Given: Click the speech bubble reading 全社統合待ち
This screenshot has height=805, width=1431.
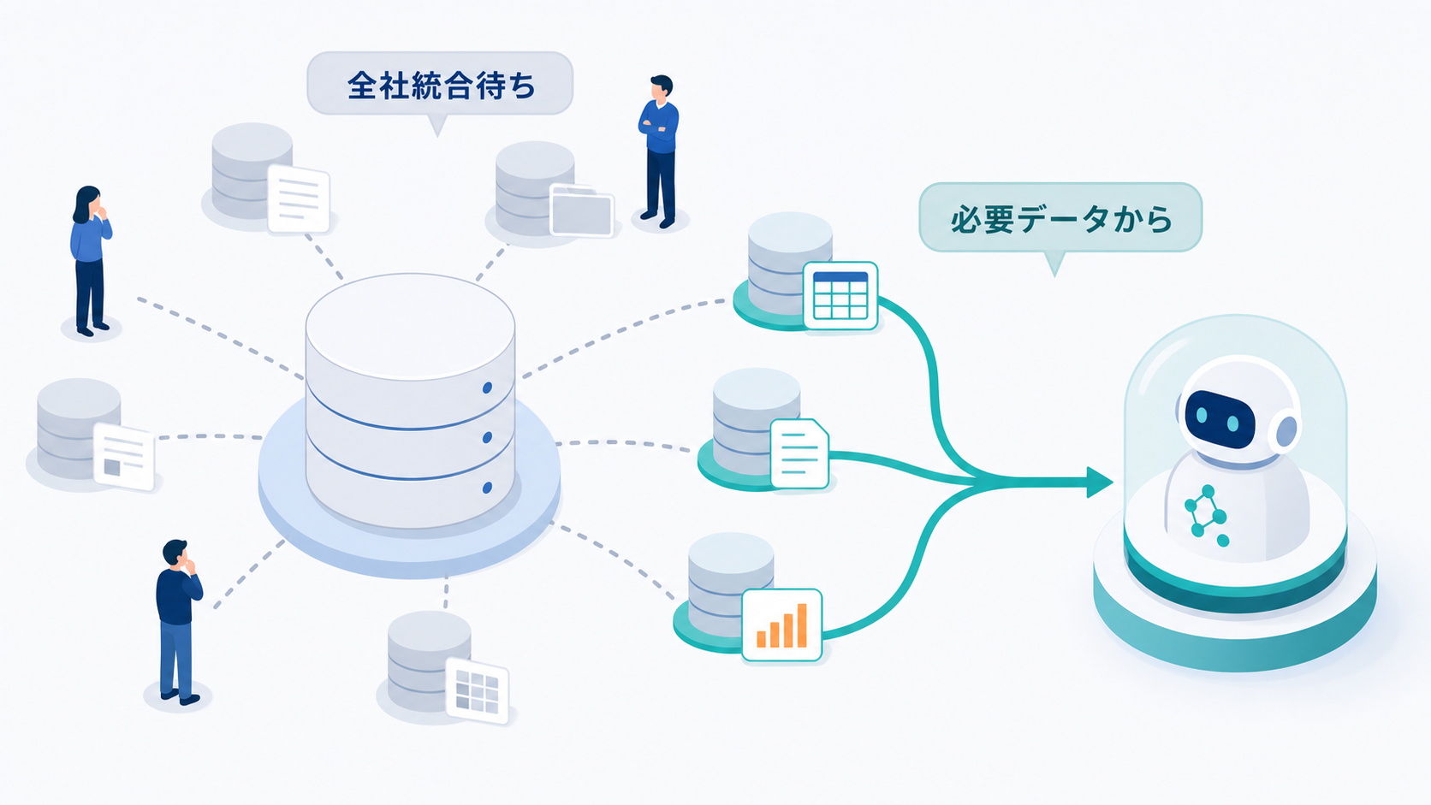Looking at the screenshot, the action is click(x=440, y=85).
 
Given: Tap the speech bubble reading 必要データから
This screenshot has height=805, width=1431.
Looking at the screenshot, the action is click(x=1060, y=218).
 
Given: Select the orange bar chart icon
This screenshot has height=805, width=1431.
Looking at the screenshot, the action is click(x=782, y=625).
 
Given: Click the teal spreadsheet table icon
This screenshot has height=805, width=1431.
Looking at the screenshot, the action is click(x=840, y=296).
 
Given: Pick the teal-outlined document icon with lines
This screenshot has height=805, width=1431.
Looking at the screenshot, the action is click(x=800, y=454).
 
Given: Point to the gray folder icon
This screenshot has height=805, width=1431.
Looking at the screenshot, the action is click(x=581, y=210).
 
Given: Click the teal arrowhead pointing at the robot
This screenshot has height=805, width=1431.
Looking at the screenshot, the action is click(x=1100, y=482).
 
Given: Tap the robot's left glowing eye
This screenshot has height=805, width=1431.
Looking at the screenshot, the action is click(x=1201, y=415).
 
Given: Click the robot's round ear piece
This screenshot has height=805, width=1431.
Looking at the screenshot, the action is click(x=1285, y=431).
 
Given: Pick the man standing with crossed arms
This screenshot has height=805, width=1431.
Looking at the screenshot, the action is click(x=659, y=151).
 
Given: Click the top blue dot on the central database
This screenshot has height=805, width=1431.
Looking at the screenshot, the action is click(x=488, y=388).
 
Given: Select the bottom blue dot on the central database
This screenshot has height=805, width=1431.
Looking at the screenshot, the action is click(x=488, y=488).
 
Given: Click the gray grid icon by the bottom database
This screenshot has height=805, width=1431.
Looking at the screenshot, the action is click(x=478, y=690).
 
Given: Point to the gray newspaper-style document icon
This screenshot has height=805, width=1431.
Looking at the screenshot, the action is click(x=124, y=456).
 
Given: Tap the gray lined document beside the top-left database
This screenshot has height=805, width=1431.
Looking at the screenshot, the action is click(x=299, y=198).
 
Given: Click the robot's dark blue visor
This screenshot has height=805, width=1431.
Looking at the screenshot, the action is click(x=1220, y=419).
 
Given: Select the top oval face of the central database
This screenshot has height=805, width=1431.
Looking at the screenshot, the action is click(x=410, y=326).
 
